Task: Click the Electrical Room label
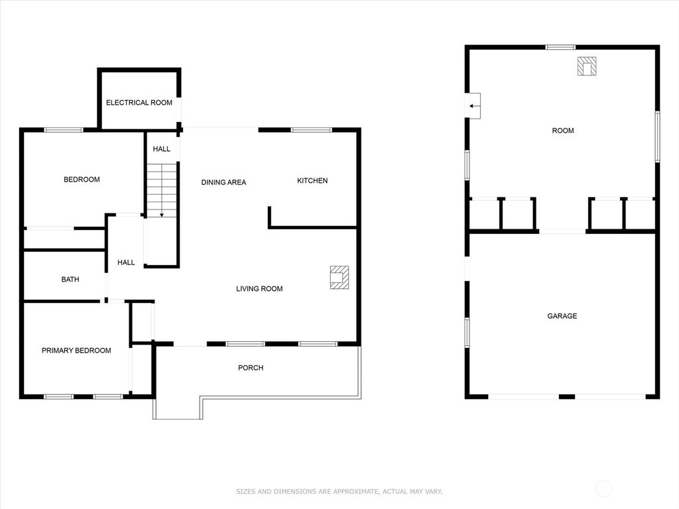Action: coord(139,103)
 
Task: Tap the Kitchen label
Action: coord(312,181)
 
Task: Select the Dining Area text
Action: coord(223,182)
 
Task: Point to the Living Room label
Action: coord(259,289)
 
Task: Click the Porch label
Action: coord(251,368)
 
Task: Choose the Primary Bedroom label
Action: coord(76,351)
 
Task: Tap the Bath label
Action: coord(70,280)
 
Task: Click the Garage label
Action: coord(562,316)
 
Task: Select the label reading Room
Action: coord(563,131)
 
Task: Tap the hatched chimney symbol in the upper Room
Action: coord(587,67)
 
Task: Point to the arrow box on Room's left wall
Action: coord(473,105)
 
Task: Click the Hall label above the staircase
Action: coord(162,150)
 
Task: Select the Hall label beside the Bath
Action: coord(126,262)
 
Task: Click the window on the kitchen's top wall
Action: coord(311,130)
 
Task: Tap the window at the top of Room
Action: coord(560,47)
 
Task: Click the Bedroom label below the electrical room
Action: coord(82,180)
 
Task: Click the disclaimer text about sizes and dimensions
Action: coord(339,492)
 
